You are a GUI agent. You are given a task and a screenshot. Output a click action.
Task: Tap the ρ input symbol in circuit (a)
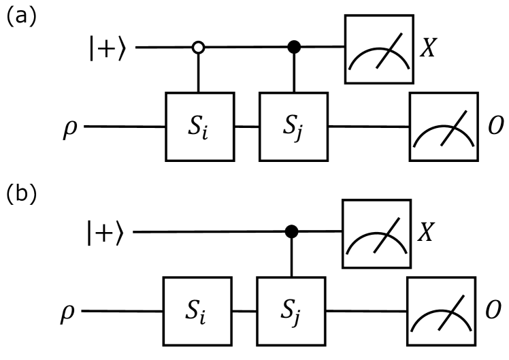click(x=69, y=127)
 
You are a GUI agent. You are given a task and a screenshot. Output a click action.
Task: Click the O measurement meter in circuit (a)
click(x=443, y=127)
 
